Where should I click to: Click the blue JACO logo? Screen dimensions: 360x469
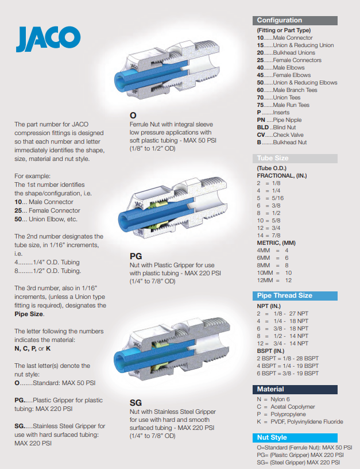[48, 39]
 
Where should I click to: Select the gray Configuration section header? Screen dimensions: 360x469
[295, 20]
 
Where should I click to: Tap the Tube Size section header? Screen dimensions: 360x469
[295, 158]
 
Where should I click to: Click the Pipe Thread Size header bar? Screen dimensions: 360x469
[295, 295]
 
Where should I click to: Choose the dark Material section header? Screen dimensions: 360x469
[295, 389]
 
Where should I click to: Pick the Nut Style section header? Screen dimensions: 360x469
[295, 437]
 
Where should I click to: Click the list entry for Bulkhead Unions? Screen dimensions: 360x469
[286, 53]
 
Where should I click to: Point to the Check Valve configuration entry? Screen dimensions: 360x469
[280, 135]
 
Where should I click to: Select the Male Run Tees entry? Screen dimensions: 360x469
[283, 105]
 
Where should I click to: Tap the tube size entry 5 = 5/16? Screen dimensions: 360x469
[270, 198]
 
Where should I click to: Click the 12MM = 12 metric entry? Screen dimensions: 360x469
[274, 280]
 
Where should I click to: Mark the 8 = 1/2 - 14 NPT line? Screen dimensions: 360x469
[282, 336]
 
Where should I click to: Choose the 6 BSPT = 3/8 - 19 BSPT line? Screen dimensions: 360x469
[288, 373]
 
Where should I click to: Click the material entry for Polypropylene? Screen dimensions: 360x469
[281, 414]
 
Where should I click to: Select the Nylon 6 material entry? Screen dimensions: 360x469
[273, 399]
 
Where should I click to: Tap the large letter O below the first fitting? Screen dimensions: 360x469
[133, 116]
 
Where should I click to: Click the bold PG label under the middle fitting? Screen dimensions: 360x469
[136, 256]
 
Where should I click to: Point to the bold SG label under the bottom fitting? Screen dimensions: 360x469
[136, 403]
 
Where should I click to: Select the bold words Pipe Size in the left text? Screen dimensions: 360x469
[29, 314]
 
